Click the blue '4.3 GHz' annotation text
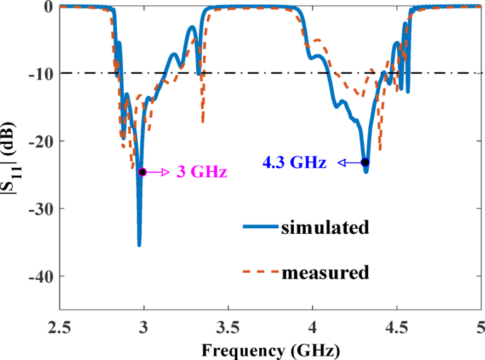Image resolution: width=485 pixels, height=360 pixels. click(x=295, y=163)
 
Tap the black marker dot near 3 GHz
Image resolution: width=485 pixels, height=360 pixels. click(x=142, y=172)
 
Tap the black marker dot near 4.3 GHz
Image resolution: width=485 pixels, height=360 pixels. click(x=365, y=162)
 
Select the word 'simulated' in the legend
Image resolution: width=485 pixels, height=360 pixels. click(x=326, y=227)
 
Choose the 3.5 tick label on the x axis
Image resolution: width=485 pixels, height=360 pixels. click(x=227, y=328)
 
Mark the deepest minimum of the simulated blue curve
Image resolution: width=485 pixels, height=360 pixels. click(x=139, y=244)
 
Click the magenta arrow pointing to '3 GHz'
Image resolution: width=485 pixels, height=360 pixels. click(x=158, y=172)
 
